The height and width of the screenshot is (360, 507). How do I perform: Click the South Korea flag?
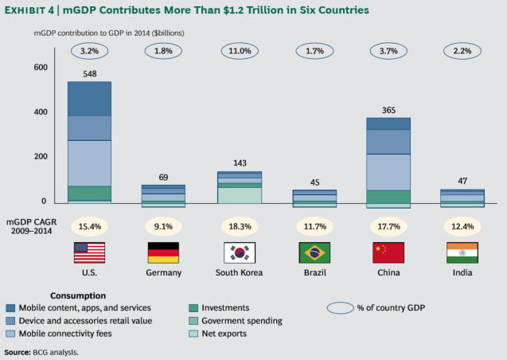[x=239, y=252]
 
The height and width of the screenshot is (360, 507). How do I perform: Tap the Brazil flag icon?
[x=314, y=252]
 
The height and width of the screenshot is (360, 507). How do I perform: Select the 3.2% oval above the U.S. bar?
[x=89, y=52]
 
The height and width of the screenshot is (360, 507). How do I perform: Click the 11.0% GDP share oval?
[x=239, y=52]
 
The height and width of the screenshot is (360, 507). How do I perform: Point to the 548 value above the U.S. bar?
[x=89, y=73]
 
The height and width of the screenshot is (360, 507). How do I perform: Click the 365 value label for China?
[x=388, y=111]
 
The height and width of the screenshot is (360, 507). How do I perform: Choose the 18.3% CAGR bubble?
[x=239, y=226]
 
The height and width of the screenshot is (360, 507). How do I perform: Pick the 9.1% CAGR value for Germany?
[x=164, y=226]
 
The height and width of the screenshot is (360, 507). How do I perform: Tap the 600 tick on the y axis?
[x=40, y=68]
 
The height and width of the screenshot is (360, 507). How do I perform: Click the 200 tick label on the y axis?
[x=40, y=157]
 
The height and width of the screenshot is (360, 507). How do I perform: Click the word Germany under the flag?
[x=164, y=272]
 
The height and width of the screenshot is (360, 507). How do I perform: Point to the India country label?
[x=462, y=272]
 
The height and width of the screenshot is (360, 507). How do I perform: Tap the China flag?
[x=388, y=252]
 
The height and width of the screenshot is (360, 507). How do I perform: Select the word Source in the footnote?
[x=17, y=351]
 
